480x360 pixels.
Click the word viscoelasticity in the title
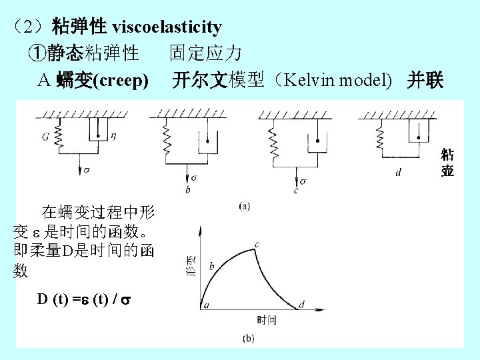pos(167,27)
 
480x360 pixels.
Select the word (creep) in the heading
pos(121,81)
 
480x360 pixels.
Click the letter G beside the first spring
pos(45,137)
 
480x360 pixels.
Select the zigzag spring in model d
pos(381,139)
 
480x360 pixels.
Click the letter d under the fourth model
pos(398,172)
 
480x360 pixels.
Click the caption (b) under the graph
pos(247,339)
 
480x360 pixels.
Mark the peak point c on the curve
pos(257,245)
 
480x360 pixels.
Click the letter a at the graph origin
pos(206,304)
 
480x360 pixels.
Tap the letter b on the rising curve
pos(212,266)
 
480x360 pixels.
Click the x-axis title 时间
pos(267,321)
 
